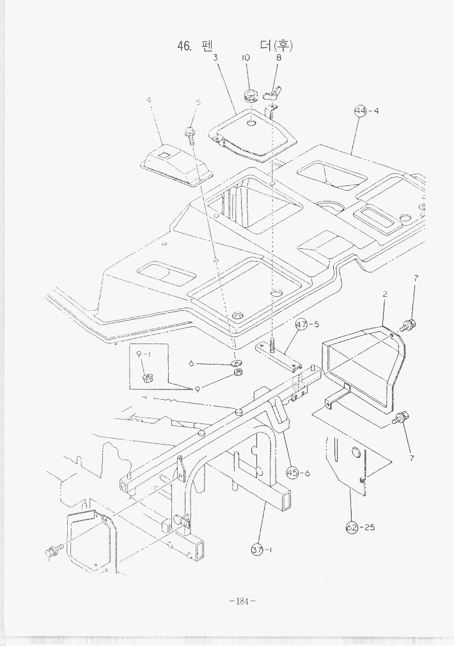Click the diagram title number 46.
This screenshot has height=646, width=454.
[184, 46]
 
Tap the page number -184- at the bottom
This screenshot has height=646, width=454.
[242, 601]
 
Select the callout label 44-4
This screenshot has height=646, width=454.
[367, 111]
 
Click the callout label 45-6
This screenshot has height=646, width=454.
[298, 473]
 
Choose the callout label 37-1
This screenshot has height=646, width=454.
[262, 549]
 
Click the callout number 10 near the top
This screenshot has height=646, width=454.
[246, 58]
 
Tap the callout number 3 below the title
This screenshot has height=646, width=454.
[216, 58]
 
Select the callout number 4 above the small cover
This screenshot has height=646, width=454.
[148, 101]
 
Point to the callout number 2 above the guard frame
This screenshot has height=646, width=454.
[385, 294]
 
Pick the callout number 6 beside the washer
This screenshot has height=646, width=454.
[191, 363]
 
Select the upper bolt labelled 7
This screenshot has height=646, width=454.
[408, 324]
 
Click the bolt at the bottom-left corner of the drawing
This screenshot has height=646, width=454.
[52, 550]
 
